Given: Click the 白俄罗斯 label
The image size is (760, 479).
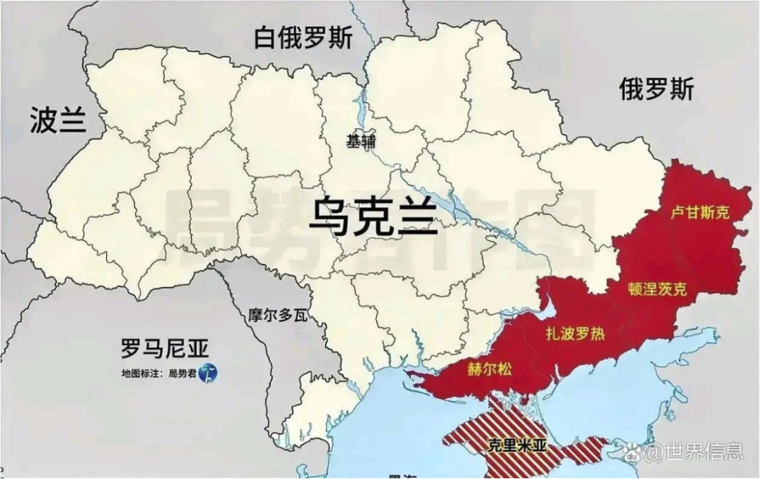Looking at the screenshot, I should click(x=305, y=39).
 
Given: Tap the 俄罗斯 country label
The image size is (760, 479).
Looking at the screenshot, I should click(x=656, y=89).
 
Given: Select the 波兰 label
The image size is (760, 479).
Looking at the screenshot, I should click(x=58, y=120).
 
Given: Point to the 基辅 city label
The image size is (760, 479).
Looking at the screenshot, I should click(x=361, y=141).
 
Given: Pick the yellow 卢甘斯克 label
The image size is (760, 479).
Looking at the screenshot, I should click(x=699, y=212).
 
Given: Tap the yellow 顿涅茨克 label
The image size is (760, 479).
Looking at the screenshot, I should click(x=657, y=288).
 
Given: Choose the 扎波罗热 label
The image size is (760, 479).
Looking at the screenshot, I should click(x=576, y=333).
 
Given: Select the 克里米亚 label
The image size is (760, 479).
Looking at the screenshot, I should click(x=517, y=445).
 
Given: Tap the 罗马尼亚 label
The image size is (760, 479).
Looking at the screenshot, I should click(x=165, y=347).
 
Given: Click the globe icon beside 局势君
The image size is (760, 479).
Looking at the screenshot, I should click(x=208, y=373).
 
